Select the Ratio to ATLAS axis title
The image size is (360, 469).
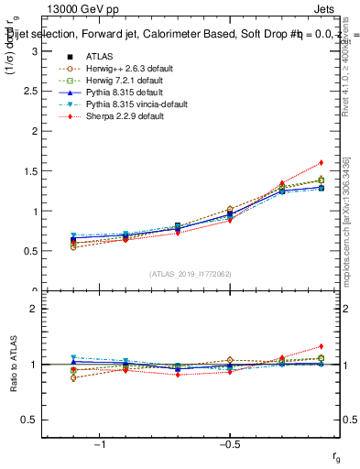[13, 364]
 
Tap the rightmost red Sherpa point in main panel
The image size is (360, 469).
[321, 163]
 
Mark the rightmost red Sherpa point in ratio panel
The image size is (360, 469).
[321, 346]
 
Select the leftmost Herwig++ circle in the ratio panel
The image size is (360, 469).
[73, 377]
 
